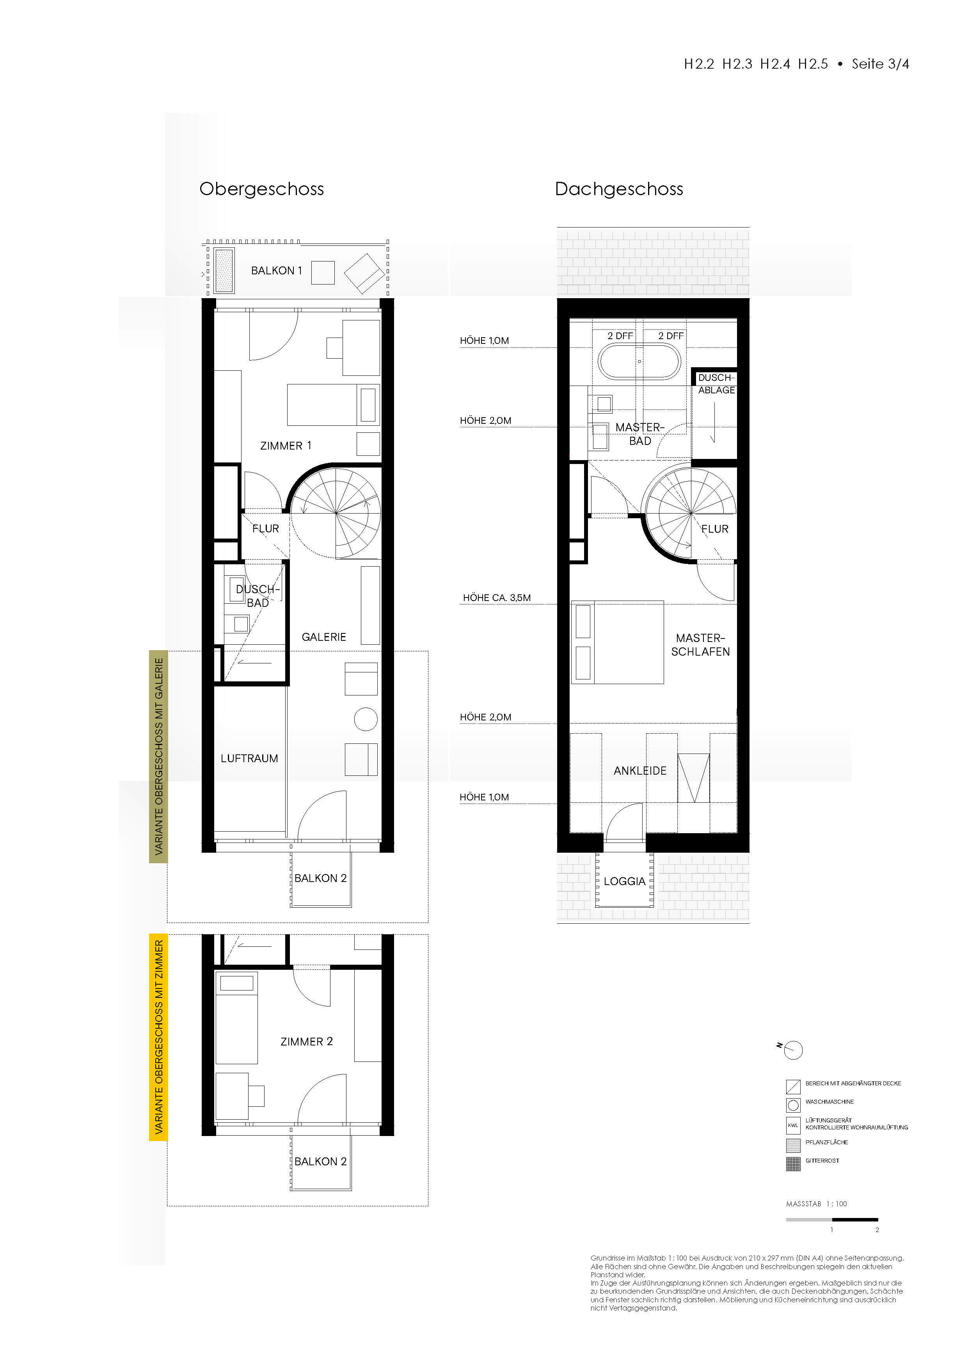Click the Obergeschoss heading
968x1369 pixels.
[x=262, y=189]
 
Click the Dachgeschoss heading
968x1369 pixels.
[x=619, y=189]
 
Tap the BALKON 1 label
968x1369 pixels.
[x=277, y=271]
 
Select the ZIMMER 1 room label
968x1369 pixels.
[x=286, y=445]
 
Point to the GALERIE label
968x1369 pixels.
[x=324, y=637]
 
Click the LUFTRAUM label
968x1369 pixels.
[x=249, y=758]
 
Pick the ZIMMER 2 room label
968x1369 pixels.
[x=306, y=1041]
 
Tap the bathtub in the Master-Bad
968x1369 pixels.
[x=638, y=362]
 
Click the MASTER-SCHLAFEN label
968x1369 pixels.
[x=700, y=645]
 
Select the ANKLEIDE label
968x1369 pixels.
[x=640, y=770]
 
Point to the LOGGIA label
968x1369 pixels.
[x=625, y=881]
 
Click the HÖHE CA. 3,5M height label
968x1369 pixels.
[x=497, y=597]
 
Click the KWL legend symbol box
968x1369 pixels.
[x=793, y=1125]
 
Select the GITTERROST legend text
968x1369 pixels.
[x=822, y=1160]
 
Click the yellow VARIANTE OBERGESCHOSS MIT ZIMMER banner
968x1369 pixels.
[x=158, y=1038]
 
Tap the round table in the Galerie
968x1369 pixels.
[x=365, y=719]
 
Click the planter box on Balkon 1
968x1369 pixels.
[x=224, y=270]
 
